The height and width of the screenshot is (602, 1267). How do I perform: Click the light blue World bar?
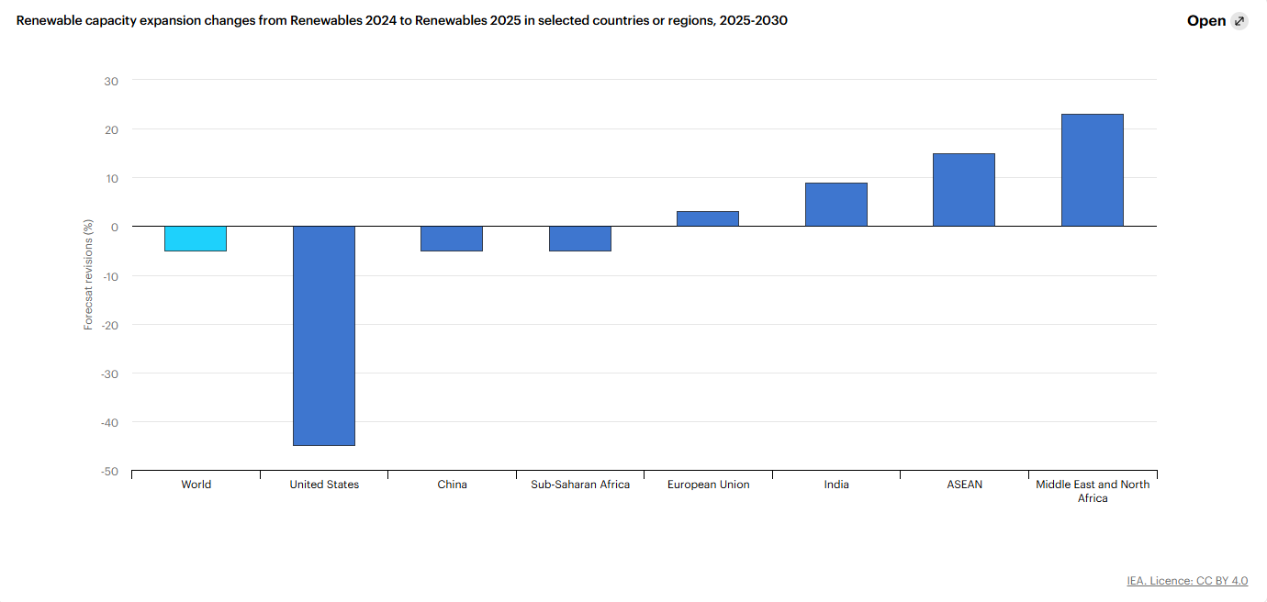click(x=196, y=239)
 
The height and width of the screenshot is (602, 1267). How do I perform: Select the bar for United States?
click(x=323, y=336)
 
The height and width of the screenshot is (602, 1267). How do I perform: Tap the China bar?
click(x=452, y=239)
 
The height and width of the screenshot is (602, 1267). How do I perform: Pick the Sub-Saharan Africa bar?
click(x=579, y=239)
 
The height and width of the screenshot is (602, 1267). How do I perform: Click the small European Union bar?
click(x=708, y=218)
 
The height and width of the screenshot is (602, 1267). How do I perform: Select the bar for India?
click(x=835, y=205)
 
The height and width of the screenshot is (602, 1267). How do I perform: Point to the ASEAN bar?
click(x=964, y=190)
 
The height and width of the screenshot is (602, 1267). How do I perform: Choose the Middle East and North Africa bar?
click(x=1092, y=170)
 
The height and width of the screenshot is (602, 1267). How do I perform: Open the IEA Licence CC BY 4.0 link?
click(x=1187, y=581)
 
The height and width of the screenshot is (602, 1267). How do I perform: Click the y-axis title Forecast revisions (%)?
click(x=89, y=273)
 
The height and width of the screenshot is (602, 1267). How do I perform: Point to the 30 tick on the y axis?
click(x=111, y=81)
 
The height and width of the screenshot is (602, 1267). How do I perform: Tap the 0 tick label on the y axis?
click(x=115, y=227)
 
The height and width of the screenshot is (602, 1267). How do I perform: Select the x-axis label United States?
click(x=324, y=485)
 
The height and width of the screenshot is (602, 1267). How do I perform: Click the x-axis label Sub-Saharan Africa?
click(x=580, y=485)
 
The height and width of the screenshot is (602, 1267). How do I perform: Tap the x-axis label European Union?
click(x=708, y=485)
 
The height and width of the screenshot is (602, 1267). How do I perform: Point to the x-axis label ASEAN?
click(x=964, y=485)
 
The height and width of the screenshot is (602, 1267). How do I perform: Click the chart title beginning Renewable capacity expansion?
click(x=401, y=20)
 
